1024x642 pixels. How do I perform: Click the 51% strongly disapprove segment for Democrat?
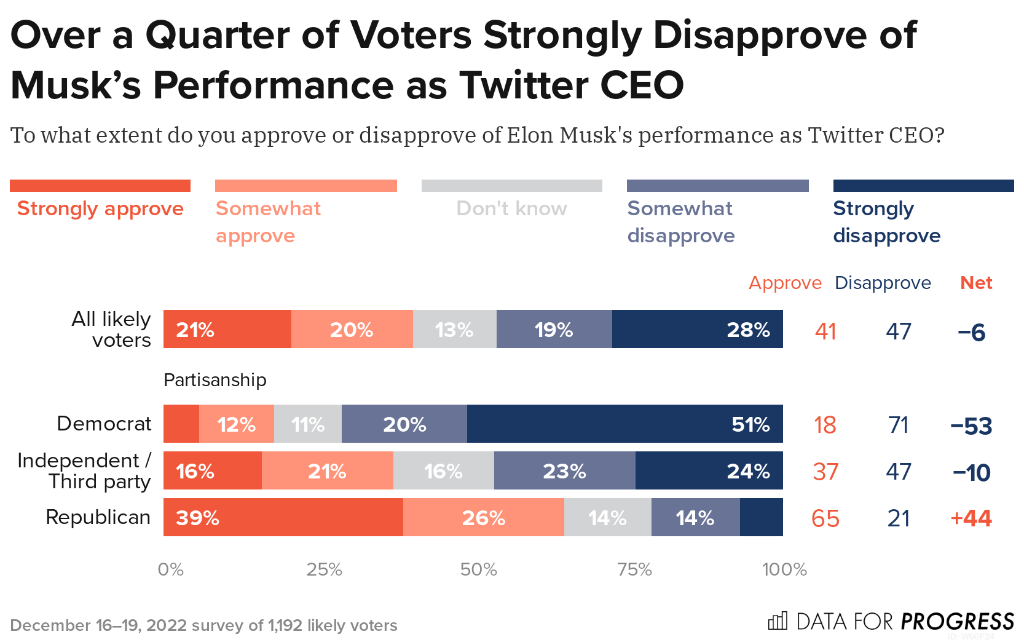click(624, 424)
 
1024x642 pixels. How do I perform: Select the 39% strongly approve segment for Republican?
click(283, 518)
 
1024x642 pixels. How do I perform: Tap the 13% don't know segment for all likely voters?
click(454, 330)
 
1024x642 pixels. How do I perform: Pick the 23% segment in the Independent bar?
click(564, 471)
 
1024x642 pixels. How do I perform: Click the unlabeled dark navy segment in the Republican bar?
click(761, 518)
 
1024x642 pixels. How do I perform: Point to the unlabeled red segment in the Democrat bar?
click(181, 424)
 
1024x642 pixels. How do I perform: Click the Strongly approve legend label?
click(100, 209)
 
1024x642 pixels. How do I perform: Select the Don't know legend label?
click(511, 209)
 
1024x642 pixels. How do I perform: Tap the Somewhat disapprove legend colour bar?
click(717, 186)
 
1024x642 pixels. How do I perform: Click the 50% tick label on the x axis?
click(478, 569)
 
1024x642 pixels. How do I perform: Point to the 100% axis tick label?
click(784, 569)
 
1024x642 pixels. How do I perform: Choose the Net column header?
click(976, 283)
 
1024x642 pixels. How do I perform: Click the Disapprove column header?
click(883, 283)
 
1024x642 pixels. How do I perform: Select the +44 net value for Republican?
click(971, 518)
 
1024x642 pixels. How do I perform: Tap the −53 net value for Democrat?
click(971, 426)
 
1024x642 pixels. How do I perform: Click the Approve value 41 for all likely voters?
click(825, 331)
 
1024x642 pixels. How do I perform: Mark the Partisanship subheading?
click(215, 380)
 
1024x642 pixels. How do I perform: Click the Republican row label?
click(98, 517)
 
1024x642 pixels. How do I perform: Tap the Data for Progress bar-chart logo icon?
click(778, 621)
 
